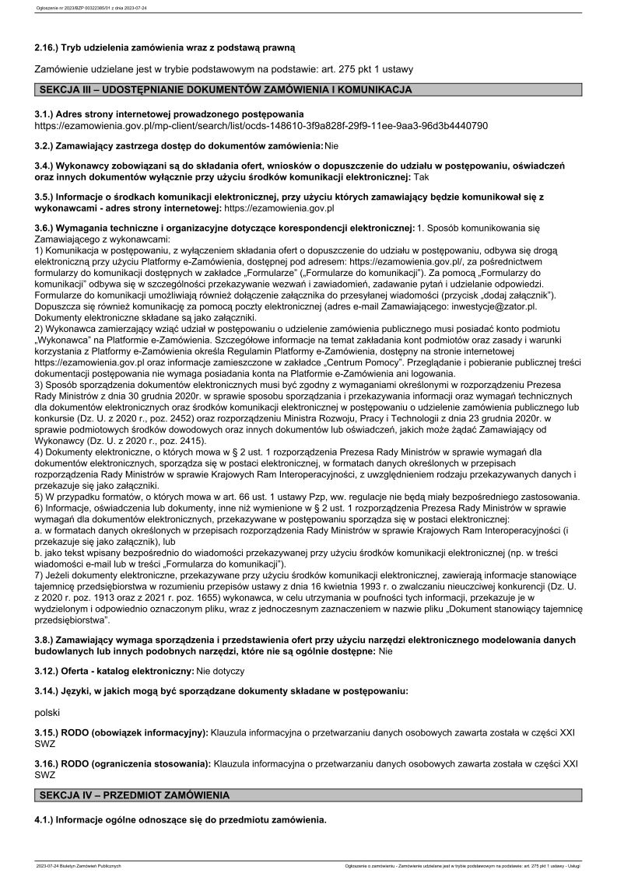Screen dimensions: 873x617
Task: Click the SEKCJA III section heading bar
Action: click(308, 90)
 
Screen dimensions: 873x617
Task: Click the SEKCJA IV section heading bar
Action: click(308, 796)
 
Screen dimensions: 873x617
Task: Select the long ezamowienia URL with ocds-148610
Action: click(261, 125)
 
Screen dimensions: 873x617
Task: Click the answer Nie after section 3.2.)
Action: click(331, 145)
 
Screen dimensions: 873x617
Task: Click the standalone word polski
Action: click(48, 711)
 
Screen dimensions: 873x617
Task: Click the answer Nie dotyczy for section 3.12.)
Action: click(221, 670)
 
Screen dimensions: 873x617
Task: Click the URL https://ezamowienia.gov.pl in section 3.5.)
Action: click(279, 208)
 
